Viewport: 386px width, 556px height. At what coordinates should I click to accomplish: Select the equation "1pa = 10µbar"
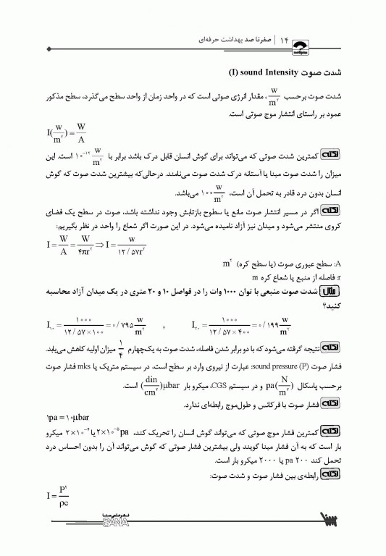[67, 399]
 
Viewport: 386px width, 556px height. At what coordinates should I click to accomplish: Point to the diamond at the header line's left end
[49, 49]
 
